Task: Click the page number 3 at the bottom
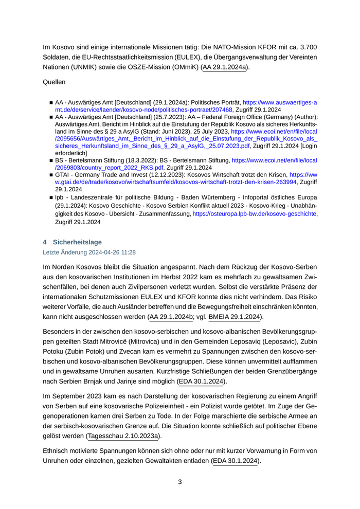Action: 180,482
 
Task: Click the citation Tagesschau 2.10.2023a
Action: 123,436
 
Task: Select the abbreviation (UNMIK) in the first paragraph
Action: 87,67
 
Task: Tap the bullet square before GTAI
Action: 51,175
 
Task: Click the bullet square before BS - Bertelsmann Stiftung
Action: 51,161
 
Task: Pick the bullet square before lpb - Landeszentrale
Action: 51,197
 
